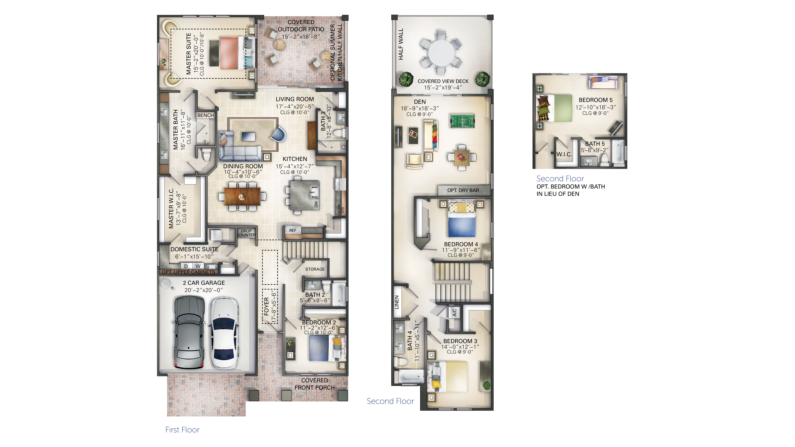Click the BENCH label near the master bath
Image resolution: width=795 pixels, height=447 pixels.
pyautogui.click(x=205, y=115)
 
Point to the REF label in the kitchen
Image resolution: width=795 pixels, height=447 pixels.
pyautogui.click(x=293, y=230)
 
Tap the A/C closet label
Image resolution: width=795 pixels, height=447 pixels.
pyautogui.click(x=454, y=313)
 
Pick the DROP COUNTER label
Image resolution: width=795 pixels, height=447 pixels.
pyautogui.click(x=246, y=233)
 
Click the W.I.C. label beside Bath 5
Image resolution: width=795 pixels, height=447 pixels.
pyautogui.click(x=564, y=154)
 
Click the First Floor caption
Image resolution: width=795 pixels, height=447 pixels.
pyautogui.click(x=182, y=430)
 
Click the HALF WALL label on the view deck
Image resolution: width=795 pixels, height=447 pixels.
pyautogui.click(x=401, y=44)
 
